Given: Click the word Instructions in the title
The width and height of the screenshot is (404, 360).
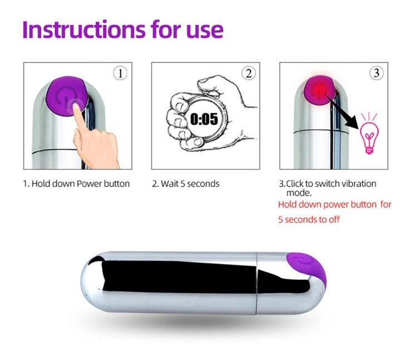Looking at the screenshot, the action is pyautogui.click(x=84, y=29).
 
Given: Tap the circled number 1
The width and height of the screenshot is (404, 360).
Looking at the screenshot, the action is pyautogui.click(x=120, y=73).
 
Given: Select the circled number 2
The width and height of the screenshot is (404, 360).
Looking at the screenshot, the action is pyautogui.click(x=248, y=73).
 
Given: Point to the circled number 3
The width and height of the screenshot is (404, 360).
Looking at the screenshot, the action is pyautogui.click(x=376, y=73).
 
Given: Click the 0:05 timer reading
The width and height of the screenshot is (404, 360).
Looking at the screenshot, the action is pyautogui.click(x=204, y=119).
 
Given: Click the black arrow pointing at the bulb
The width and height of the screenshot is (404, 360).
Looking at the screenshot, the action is pyautogui.click(x=341, y=112).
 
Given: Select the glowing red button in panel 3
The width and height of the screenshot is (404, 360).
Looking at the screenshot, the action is pyautogui.click(x=319, y=90).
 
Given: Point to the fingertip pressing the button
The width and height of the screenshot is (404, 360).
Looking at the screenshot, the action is pyautogui.click(x=76, y=106).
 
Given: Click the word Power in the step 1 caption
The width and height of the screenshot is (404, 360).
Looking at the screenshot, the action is pyautogui.click(x=90, y=184).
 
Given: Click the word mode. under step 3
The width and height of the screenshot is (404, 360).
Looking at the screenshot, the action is pyautogui.click(x=299, y=193).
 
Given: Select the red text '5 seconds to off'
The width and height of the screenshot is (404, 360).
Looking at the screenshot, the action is pyautogui.click(x=309, y=220).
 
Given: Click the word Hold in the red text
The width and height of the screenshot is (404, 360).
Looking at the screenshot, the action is pyautogui.click(x=285, y=205).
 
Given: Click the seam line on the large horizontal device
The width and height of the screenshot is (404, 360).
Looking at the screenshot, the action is pyautogui.click(x=257, y=283).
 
